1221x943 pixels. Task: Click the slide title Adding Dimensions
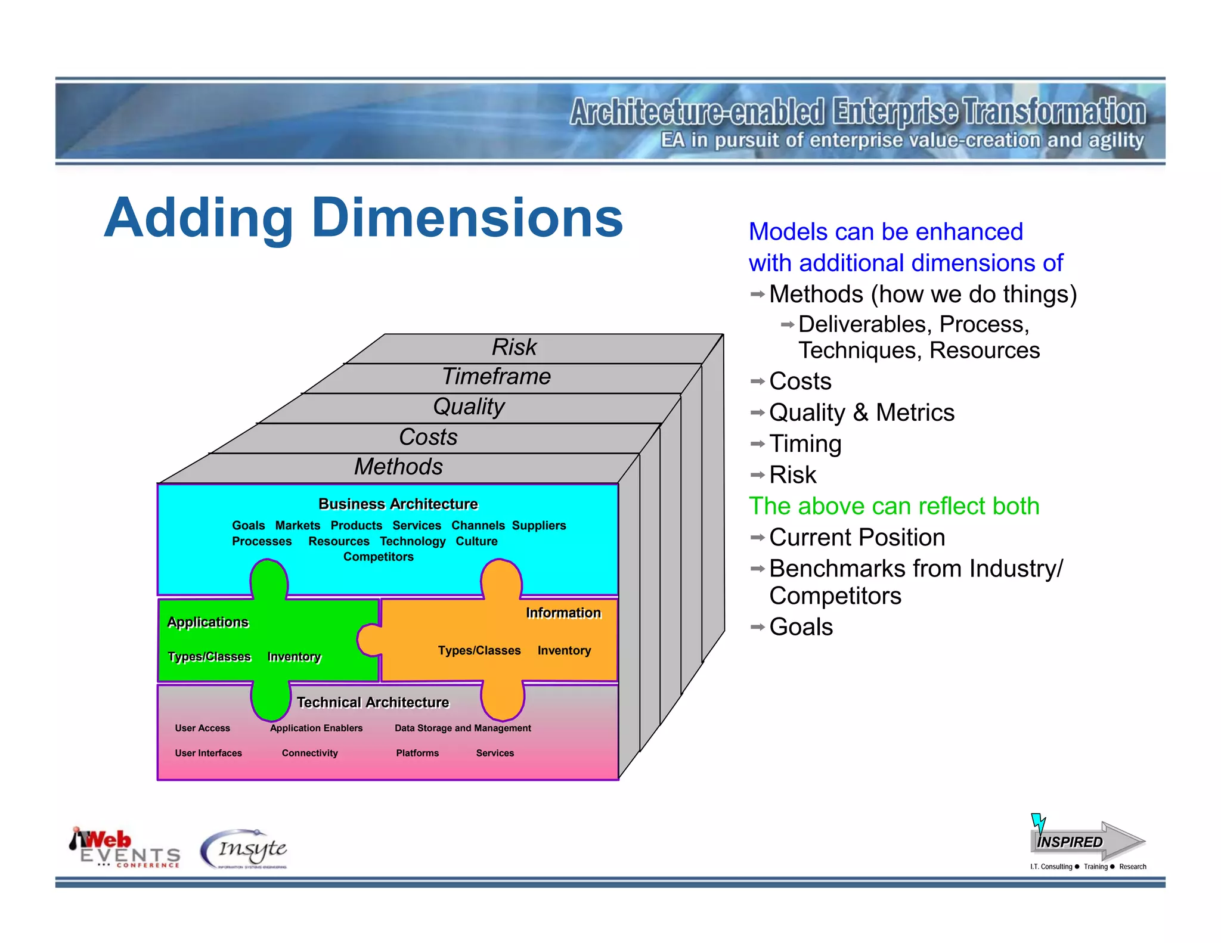(364, 219)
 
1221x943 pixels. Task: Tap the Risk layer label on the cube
(514, 348)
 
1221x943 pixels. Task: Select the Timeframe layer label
(496, 377)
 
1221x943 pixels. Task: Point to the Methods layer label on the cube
(398, 467)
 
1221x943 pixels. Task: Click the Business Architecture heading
(398, 504)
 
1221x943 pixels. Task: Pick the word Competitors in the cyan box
(378, 557)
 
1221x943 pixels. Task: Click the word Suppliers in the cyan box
(538, 526)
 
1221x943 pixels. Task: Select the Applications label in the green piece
(207, 622)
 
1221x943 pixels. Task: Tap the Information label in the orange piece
(563, 613)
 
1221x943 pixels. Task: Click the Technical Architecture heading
(373, 703)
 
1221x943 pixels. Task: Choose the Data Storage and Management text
(463, 728)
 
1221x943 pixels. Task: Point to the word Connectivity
(309, 753)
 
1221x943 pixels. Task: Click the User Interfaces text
(208, 753)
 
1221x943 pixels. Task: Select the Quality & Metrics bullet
(861, 413)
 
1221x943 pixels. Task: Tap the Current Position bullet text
(857, 538)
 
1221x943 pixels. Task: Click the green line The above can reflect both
(894, 507)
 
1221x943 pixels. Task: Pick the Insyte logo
(244, 849)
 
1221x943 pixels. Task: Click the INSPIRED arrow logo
(1087, 841)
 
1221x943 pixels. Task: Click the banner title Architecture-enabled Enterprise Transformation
(857, 112)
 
